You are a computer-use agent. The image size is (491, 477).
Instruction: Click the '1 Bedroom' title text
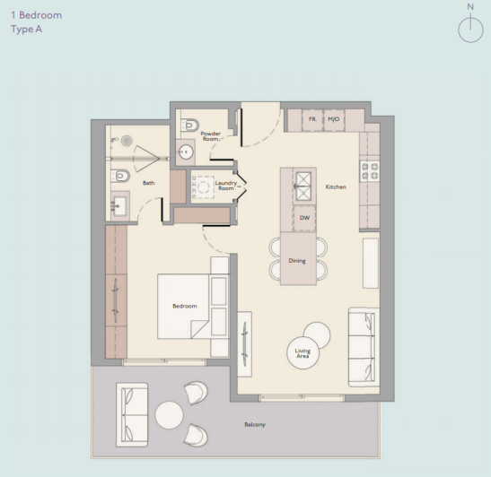(x=36, y=15)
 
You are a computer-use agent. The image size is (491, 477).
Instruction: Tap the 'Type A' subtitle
(x=27, y=29)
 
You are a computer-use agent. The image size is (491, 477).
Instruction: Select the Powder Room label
(x=210, y=135)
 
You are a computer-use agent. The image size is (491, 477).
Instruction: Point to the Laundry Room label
(x=225, y=186)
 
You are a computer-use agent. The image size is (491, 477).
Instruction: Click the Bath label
(x=148, y=182)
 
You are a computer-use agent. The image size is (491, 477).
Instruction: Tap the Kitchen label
(x=336, y=187)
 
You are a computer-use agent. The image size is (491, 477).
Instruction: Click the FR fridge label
(x=311, y=118)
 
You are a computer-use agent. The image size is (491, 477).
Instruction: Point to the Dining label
(x=297, y=261)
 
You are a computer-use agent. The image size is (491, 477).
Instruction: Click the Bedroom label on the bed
(x=184, y=307)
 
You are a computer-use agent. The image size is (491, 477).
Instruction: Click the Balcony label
(x=256, y=425)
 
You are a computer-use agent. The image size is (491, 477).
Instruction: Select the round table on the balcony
(x=170, y=414)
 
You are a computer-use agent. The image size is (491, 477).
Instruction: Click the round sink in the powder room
(x=187, y=150)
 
